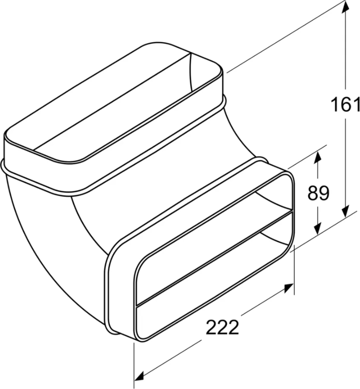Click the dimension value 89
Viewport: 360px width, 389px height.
(318, 193)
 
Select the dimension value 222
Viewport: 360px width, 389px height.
(222, 327)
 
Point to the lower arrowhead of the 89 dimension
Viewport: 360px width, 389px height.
(317, 227)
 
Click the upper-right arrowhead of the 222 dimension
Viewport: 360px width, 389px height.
(288, 288)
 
